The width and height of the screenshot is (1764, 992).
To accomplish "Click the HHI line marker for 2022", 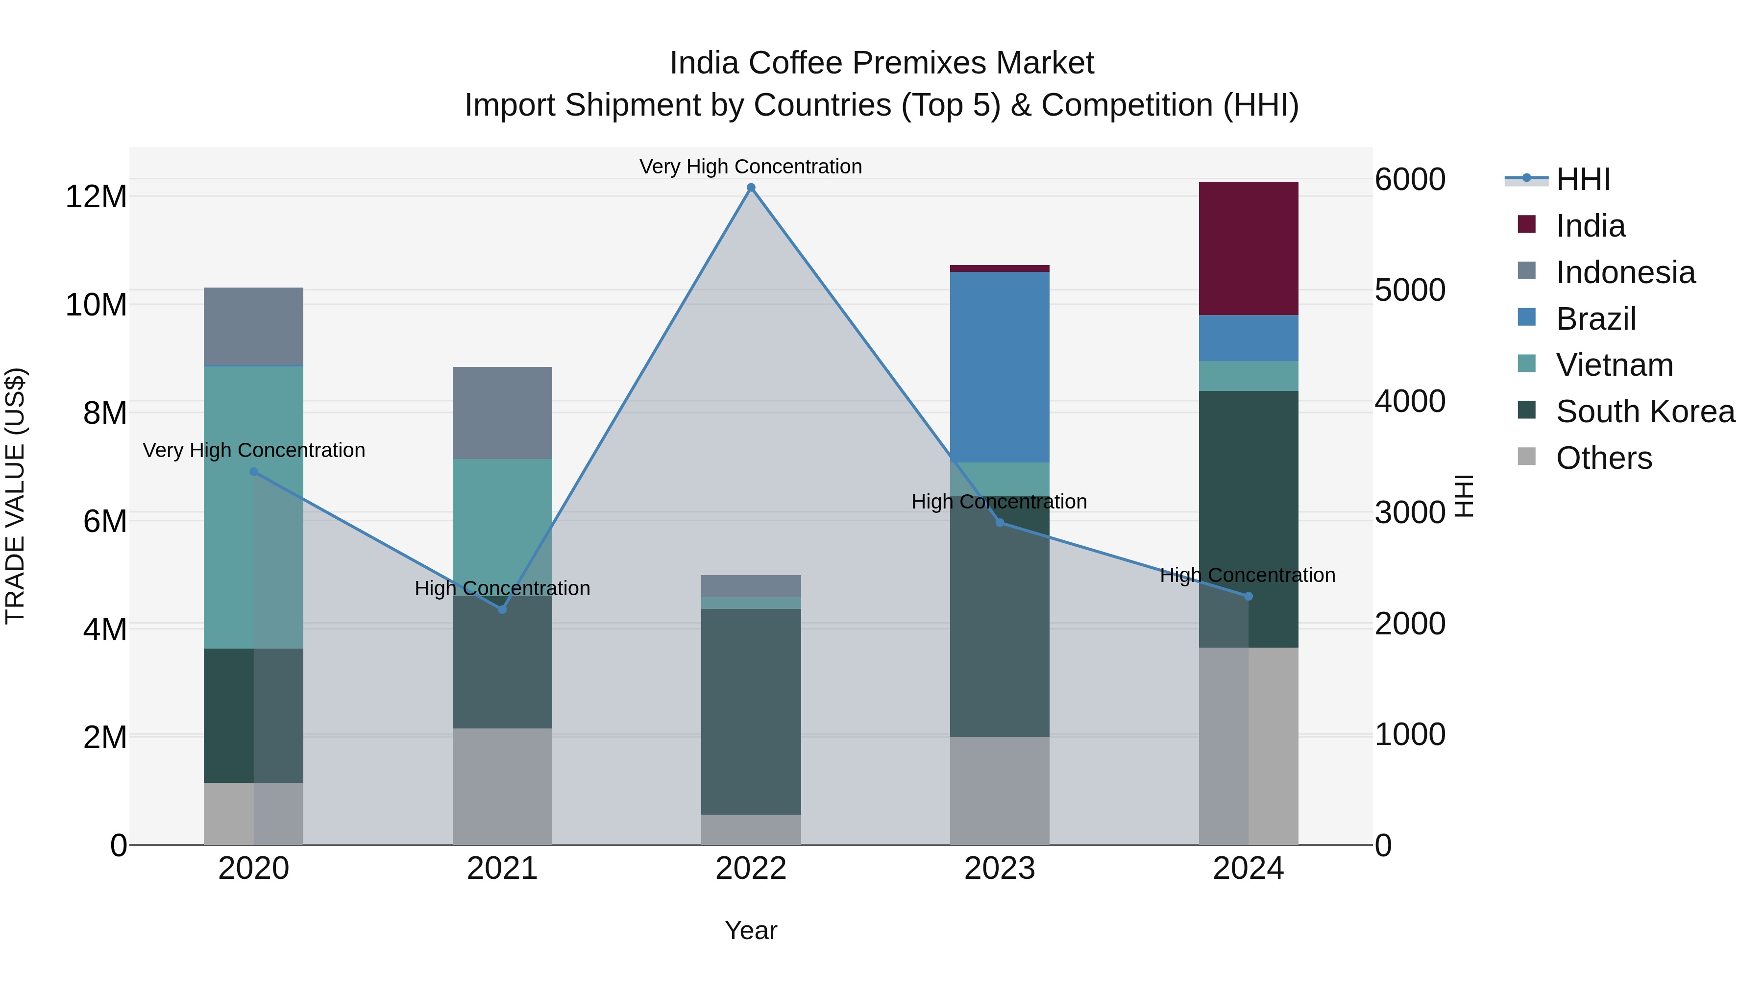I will click(x=751, y=188).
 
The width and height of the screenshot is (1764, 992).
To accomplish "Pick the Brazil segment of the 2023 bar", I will click(x=999, y=367).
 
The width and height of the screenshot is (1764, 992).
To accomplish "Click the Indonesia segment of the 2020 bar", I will click(x=253, y=327).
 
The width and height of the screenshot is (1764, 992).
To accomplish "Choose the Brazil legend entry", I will click(x=1595, y=319).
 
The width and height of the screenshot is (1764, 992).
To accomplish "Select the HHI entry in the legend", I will click(x=1582, y=179).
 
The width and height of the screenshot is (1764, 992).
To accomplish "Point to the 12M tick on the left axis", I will click(x=96, y=197).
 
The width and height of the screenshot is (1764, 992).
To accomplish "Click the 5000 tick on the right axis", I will click(x=1409, y=290).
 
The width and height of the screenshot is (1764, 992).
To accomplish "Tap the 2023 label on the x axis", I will click(x=999, y=869).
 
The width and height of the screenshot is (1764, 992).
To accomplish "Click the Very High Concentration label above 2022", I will click(x=751, y=167).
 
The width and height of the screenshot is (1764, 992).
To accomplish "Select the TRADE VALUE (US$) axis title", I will click(x=15, y=496).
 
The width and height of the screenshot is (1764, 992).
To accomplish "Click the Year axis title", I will click(x=751, y=930).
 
